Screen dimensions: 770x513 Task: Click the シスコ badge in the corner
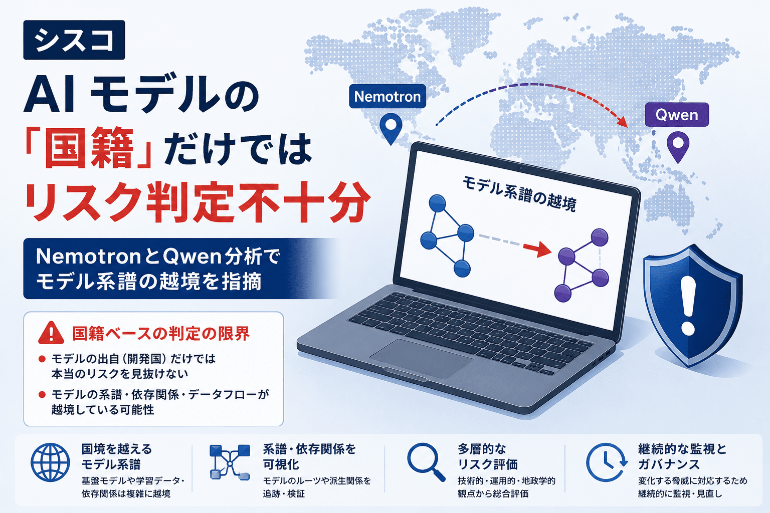pyautogui.click(x=74, y=40)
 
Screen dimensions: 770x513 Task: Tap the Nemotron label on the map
pyautogui.click(x=388, y=97)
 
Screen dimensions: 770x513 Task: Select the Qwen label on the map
pyautogui.click(x=676, y=115)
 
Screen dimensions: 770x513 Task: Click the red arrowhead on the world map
pyautogui.click(x=622, y=121)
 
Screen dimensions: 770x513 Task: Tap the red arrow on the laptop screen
pyautogui.click(x=537, y=249)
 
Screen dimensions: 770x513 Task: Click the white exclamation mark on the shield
pyautogui.click(x=688, y=306)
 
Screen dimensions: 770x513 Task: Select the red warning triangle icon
pyautogui.click(x=51, y=333)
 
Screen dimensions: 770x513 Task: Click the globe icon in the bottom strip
pyautogui.click(x=50, y=462)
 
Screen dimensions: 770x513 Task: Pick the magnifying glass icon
pyautogui.click(x=426, y=462)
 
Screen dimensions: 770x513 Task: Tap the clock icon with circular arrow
pyautogui.click(x=607, y=462)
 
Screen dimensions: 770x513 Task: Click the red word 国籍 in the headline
pyautogui.click(x=89, y=148)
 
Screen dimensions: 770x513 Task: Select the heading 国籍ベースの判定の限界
pyautogui.click(x=161, y=333)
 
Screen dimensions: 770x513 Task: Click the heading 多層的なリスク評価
pyautogui.click(x=488, y=456)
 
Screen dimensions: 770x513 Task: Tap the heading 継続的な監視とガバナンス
pyautogui.click(x=682, y=456)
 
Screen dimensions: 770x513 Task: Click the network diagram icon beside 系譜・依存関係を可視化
pyautogui.click(x=230, y=462)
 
